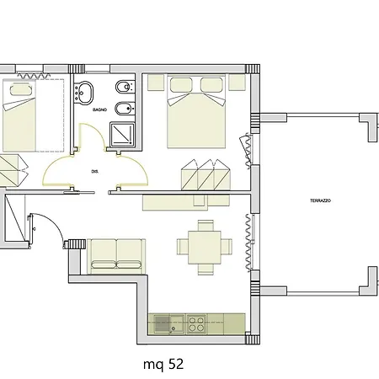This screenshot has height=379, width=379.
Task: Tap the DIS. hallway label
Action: [95, 171]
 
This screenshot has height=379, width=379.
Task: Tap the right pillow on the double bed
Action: [211, 84]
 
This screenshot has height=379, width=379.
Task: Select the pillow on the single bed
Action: [19, 89]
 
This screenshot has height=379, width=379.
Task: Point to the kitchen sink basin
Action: [163, 323]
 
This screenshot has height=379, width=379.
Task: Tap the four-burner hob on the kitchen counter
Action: [196, 323]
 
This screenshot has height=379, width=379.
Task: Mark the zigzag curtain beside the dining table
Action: [249, 243]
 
